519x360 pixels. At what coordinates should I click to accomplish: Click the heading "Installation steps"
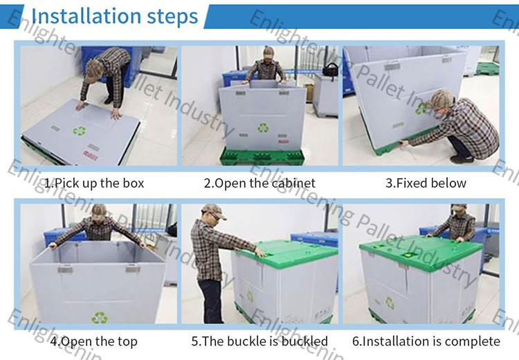(114, 16)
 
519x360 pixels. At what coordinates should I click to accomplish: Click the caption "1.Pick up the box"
(94, 183)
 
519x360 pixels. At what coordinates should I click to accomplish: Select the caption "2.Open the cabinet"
(259, 183)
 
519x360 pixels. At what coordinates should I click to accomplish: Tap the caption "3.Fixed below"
(426, 183)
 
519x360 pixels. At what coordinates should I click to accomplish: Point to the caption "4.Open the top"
(93, 341)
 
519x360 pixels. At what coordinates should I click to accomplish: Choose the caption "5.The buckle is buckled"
(259, 341)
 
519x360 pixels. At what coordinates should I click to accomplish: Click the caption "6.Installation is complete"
(426, 341)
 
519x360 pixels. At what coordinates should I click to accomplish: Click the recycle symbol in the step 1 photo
(80, 131)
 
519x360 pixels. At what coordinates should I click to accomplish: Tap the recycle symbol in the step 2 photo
(263, 127)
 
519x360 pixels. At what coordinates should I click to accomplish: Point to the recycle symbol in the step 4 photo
(99, 317)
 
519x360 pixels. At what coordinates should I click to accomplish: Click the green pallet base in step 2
(263, 156)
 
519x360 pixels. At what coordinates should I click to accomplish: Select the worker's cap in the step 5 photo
(214, 210)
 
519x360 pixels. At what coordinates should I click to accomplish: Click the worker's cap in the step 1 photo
(92, 71)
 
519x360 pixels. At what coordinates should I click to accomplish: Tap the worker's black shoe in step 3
(462, 159)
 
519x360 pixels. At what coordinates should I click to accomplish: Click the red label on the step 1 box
(91, 155)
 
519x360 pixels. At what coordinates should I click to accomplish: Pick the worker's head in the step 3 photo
(443, 101)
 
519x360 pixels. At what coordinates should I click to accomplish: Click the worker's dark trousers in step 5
(211, 300)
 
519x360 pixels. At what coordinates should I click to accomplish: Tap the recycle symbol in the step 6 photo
(390, 303)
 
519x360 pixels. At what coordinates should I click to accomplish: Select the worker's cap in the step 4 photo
(99, 210)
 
